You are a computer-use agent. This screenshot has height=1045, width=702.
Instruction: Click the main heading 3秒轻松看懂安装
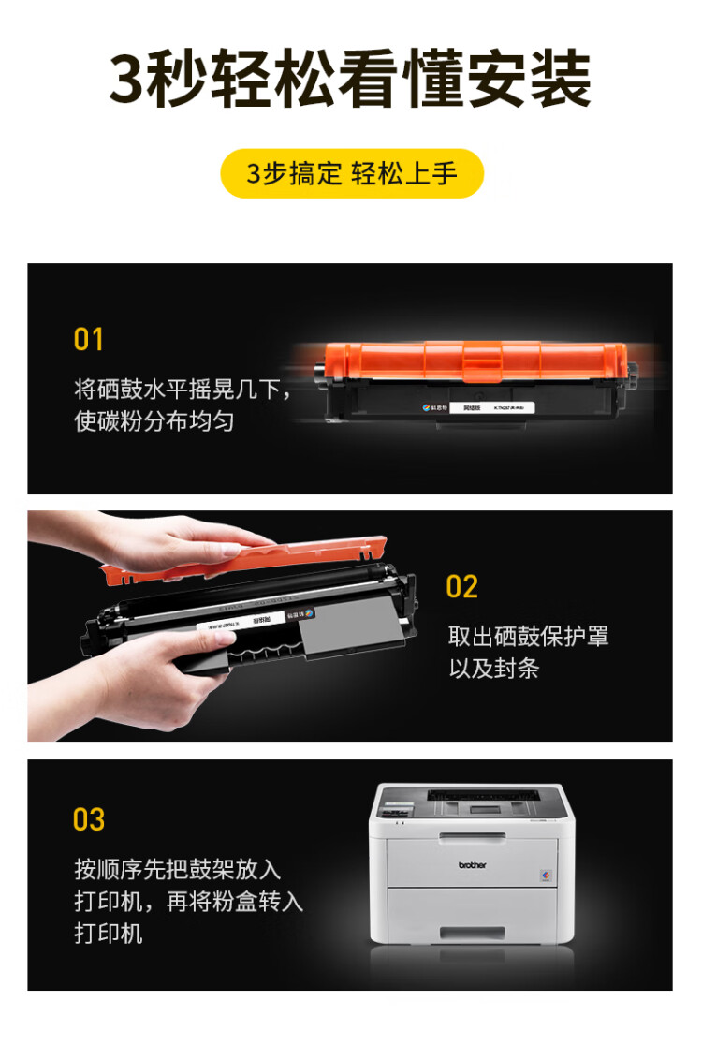(351, 81)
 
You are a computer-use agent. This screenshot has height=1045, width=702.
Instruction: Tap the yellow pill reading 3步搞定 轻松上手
(351, 173)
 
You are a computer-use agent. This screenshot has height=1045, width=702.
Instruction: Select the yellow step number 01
(89, 339)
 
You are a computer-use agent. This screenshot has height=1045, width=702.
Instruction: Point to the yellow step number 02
(462, 587)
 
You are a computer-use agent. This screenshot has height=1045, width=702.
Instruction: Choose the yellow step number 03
(89, 819)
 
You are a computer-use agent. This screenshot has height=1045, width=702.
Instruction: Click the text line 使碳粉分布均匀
(154, 421)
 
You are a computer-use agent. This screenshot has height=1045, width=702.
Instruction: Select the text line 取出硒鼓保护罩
(528, 637)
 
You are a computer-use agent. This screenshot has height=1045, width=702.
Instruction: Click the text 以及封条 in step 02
(493, 669)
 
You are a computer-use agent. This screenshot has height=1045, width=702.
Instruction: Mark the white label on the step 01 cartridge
(505, 407)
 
